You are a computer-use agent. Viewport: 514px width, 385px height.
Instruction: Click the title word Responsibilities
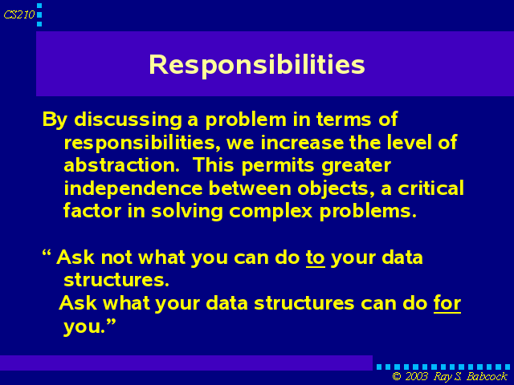[257, 65]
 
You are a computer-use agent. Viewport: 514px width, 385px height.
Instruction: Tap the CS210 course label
[19, 14]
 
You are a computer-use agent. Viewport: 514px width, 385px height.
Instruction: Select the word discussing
[128, 120]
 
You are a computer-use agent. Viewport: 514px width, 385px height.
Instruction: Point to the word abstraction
[121, 165]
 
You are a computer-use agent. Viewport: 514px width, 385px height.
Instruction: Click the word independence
[133, 189]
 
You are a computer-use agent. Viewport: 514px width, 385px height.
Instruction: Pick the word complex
[271, 212]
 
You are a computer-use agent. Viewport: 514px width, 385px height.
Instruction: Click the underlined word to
[316, 258]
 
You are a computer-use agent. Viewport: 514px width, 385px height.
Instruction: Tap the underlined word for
[447, 303]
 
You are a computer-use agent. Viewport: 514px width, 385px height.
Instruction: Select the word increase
[302, 143]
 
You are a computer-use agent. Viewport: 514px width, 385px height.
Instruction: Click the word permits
[278, 166]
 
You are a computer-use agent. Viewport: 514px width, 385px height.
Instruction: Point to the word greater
[356, 167]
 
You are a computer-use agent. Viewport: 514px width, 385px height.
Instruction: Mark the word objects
[337, 189]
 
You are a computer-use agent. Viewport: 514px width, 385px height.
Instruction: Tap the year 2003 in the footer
[416, 376]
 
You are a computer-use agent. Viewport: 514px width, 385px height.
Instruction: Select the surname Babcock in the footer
[487, 376]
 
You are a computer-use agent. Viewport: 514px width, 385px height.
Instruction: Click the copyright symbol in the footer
[396, 377]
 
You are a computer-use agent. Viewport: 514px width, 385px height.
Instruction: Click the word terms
[344, 120]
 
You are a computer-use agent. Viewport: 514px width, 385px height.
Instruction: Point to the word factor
[92, 211]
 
